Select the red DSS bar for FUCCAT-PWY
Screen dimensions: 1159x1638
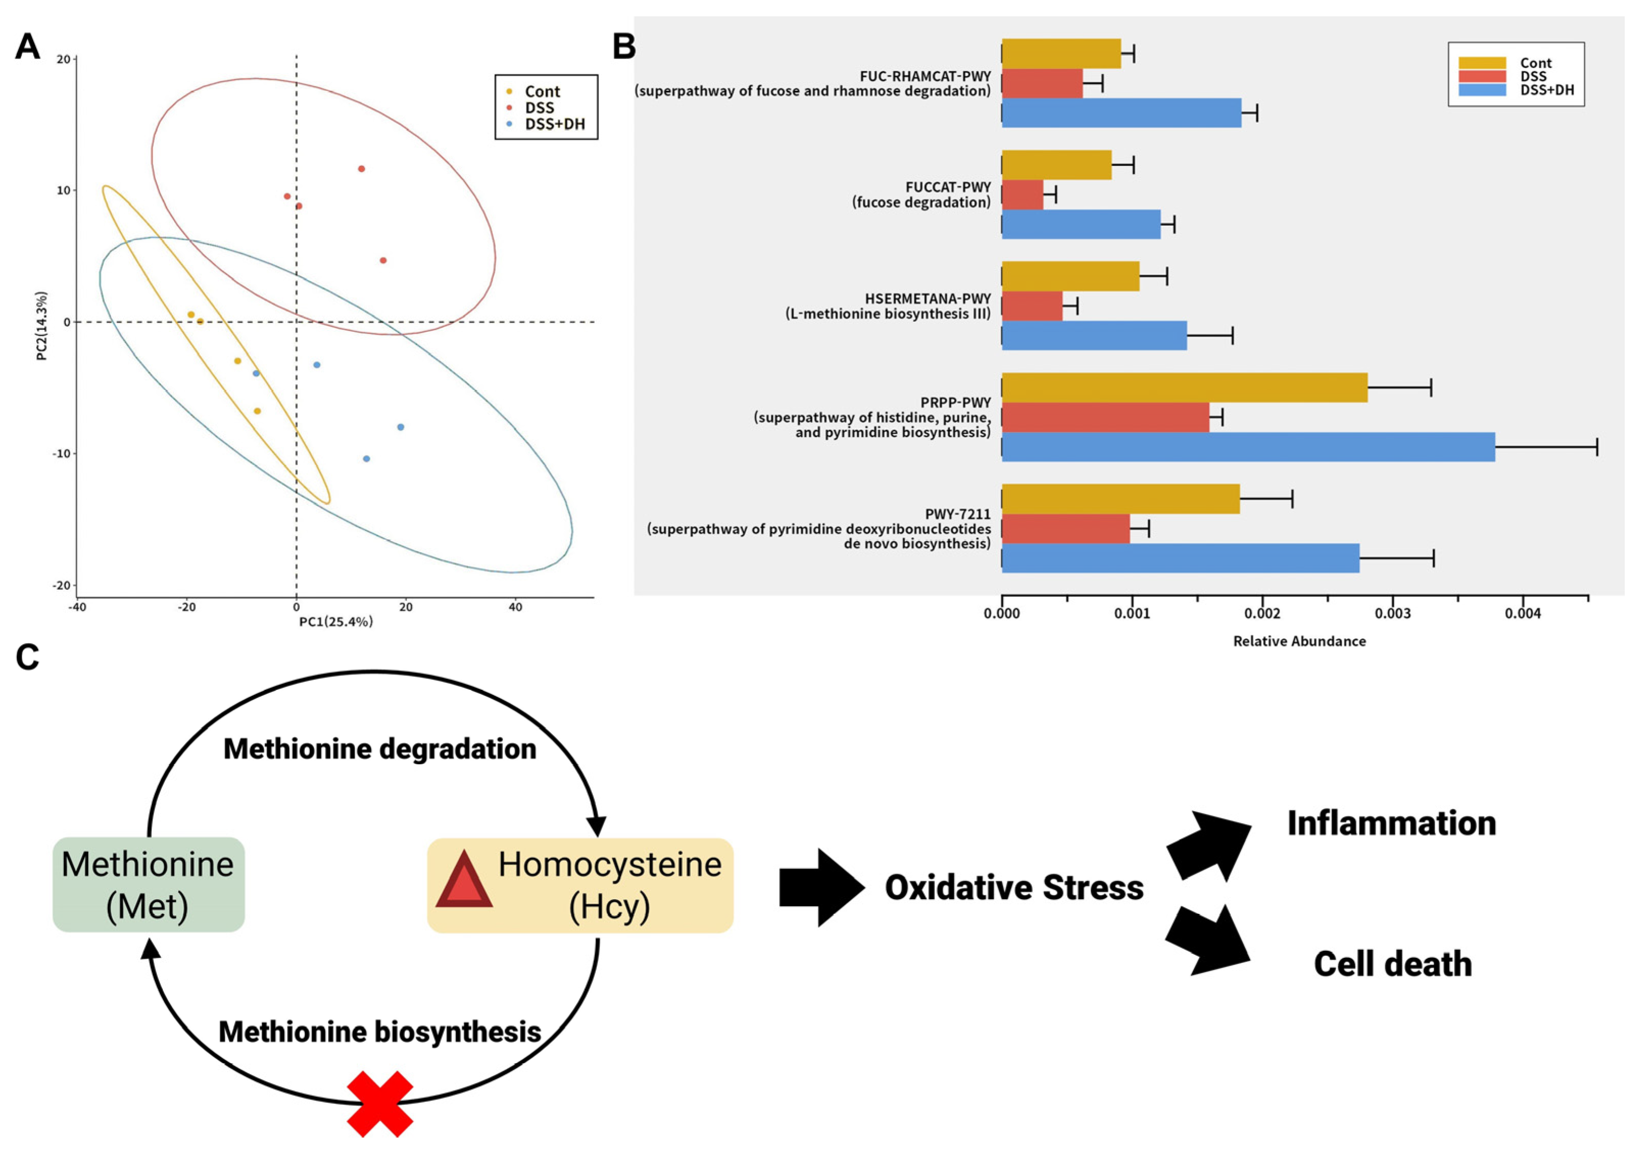1022,195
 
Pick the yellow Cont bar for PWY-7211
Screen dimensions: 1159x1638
1121,499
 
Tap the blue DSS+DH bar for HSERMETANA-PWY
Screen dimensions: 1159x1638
1094,335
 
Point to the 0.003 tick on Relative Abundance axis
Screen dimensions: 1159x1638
1392,614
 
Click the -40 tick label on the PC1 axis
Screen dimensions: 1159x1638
77,608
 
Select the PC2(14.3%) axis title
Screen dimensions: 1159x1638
42,325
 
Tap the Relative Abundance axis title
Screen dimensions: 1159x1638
1299,641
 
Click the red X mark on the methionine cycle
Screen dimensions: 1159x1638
380,1103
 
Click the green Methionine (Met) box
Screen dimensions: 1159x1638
149,884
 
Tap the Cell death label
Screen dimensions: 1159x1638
1392,963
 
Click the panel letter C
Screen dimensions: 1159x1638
27,657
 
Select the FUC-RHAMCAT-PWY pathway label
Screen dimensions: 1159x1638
925,76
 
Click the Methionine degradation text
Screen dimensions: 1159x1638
380,748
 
